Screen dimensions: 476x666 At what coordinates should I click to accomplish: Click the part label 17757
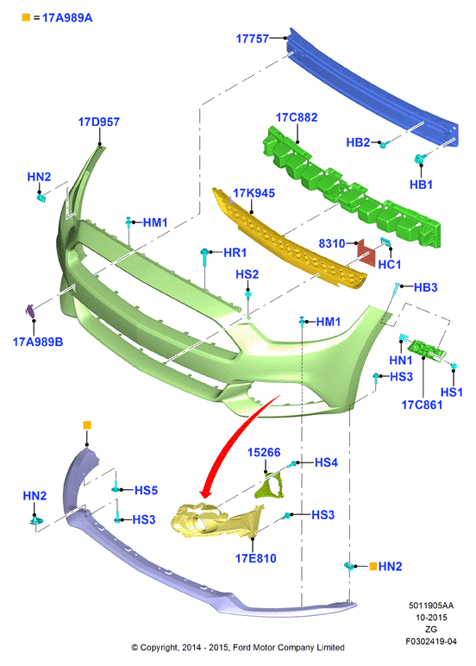point(252,39)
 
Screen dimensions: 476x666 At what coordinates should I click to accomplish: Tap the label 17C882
point(297,117)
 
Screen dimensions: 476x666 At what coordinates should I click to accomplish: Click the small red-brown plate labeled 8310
point(366,253)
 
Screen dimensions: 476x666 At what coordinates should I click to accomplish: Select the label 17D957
point(99,122)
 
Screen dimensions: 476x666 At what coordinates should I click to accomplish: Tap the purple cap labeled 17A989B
point(30,311)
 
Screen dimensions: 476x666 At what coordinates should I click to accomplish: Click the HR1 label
point(235,253)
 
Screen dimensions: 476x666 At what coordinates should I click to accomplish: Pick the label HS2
point(247,274)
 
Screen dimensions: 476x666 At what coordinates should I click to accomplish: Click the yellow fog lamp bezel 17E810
point(217,520)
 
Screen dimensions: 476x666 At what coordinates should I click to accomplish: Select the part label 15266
point(264,452)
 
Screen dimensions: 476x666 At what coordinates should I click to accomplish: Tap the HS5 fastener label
point(146,490)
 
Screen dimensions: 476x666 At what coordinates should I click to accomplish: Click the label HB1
point(421,185)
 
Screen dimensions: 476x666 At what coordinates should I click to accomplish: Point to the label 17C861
point(422,405)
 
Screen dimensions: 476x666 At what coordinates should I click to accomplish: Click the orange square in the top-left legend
point(26,17)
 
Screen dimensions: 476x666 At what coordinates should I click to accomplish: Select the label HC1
point(390,265)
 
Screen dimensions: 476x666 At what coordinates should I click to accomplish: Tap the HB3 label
point(425,287)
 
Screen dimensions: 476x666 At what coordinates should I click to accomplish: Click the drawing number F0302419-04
point(431,641)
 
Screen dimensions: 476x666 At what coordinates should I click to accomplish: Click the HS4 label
point(326,462)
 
